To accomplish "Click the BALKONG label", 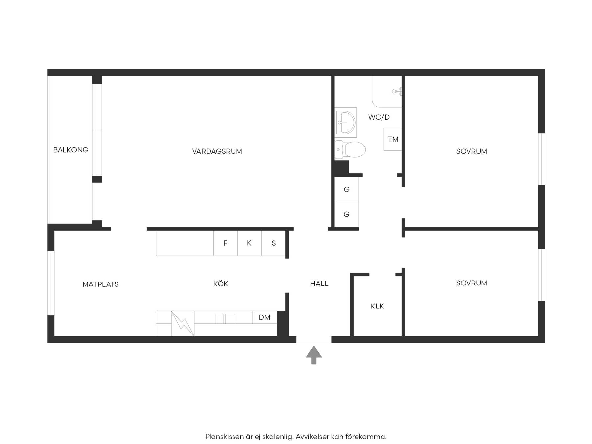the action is point(71,150).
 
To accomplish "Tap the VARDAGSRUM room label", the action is point(217,151).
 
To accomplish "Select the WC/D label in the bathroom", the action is point(379,117).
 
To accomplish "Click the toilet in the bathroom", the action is point(350,149).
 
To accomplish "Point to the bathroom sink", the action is point(346,122).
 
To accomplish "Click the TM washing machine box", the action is point(393,139).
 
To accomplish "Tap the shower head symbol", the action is point(397,91).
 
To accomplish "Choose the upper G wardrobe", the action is point(347,189).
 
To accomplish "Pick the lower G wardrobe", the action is point(347,214).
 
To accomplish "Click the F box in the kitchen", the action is point(226,243).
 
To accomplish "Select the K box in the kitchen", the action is point(249,243).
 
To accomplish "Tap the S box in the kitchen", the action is point(273,243).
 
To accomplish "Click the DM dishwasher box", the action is point(265,317).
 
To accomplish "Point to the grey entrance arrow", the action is point(314,355).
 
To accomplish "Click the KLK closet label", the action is point(377,306).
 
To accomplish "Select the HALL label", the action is point(319,284).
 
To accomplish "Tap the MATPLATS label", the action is point(101,284).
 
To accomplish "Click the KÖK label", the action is point(221,284).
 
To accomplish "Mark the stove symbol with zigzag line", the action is point(183,324).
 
